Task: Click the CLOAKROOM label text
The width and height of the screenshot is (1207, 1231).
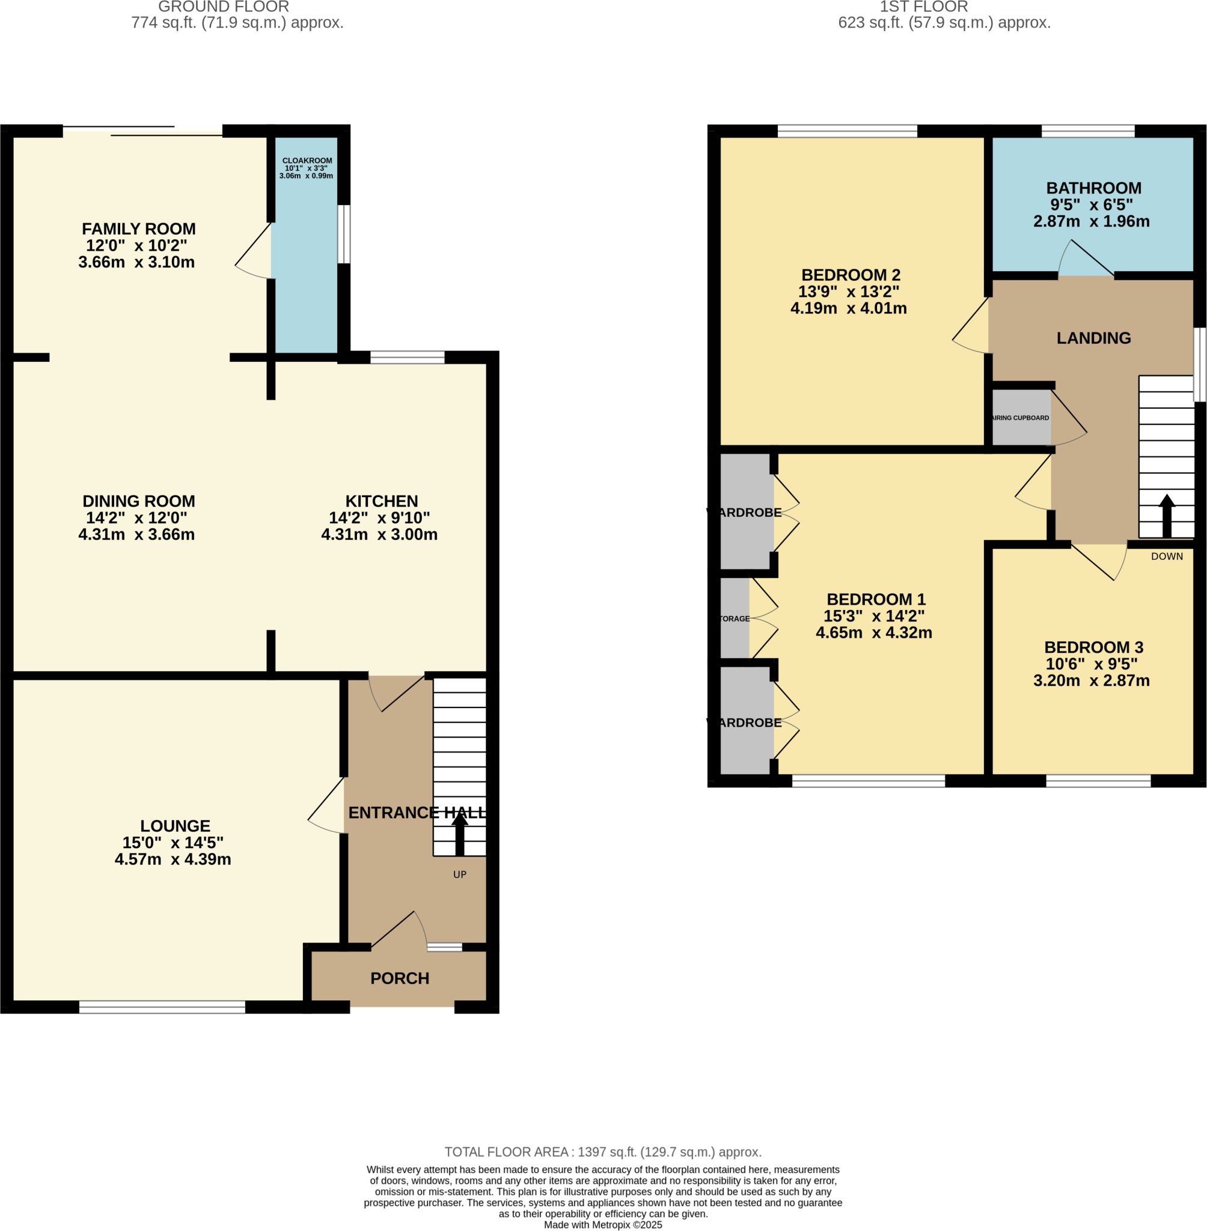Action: point(307,160)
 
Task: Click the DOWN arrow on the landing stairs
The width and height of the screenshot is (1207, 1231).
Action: point(1167,515)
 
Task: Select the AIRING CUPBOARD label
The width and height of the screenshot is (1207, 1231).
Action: point(1021,418)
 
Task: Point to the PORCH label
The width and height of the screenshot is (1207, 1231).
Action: point(399,978)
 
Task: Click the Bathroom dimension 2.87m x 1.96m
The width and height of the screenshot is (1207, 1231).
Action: point(1091,221)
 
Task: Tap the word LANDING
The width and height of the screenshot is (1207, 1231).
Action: point(1093,338)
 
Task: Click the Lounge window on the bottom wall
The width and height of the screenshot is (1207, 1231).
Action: point(162,1007)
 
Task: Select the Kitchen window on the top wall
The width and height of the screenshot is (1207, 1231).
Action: point(407,357)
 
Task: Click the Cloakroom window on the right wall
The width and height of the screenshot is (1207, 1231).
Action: point(344,233)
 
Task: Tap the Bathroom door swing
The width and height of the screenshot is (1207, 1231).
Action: point(1086,258)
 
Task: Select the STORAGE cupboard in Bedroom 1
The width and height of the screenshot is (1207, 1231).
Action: point(735,618)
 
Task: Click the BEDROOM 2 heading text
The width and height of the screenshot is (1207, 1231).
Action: point(851,275)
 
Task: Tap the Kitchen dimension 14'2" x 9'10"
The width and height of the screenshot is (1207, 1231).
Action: point(379,518)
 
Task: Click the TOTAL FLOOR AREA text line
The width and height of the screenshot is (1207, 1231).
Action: point(603,1152)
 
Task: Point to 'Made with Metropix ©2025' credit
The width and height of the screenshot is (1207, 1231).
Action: point(603,1224)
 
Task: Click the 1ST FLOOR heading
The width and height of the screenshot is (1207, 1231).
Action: point(924,7)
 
